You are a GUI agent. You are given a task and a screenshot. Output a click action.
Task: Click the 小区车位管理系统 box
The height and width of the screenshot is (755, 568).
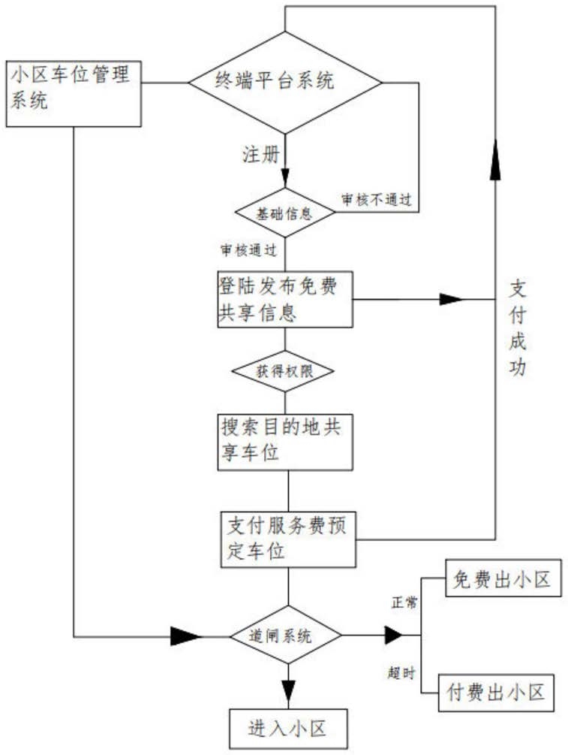(74, 94)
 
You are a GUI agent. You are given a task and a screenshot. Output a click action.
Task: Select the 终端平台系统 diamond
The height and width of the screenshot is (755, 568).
(285, 83)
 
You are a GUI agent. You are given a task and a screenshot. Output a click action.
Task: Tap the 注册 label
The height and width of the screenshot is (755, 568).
(260, 155)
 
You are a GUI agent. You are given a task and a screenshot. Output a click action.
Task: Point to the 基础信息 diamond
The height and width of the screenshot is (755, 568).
(285, 213)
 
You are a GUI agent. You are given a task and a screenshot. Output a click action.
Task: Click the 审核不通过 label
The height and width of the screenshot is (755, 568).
(377, 199)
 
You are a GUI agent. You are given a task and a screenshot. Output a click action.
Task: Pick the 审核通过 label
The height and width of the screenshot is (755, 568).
(248, 250)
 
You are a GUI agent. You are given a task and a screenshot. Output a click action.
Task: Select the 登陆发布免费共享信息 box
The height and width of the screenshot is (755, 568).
(285, 300)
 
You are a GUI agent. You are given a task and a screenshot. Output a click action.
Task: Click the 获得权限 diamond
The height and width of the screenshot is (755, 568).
(284, 371)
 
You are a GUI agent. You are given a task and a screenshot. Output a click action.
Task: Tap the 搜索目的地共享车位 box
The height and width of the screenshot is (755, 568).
(285, 442)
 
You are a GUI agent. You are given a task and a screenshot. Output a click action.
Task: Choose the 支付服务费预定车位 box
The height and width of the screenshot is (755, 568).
(289, 539)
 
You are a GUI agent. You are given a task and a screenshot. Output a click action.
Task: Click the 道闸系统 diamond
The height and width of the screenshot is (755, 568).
(286, 636)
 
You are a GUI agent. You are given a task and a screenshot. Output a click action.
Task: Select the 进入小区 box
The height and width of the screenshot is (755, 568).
(288, 729)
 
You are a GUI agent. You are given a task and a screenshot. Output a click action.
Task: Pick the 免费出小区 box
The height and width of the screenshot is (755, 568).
(503, 578)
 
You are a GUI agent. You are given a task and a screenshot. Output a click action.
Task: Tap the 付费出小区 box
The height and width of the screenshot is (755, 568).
(496, 693)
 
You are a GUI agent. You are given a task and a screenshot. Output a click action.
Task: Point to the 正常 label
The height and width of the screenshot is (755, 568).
(404, 602)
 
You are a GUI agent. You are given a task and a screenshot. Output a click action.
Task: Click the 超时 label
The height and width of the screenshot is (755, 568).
(401, 672)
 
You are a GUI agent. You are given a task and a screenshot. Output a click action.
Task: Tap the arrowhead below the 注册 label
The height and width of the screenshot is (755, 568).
(285, 177)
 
